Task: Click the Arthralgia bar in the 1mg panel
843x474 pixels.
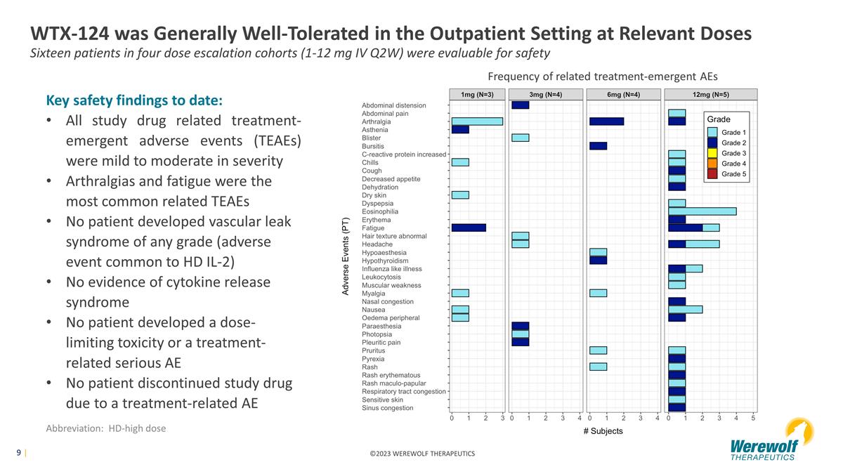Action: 477,121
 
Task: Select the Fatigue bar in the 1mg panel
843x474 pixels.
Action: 469,228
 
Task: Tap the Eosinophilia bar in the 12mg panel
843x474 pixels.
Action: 702,211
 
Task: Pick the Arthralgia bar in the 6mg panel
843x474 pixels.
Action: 607,121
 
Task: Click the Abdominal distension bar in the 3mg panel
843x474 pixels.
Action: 520,105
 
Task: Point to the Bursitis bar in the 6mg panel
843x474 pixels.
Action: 598,146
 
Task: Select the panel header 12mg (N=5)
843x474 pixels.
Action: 711,94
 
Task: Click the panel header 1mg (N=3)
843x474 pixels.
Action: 477,94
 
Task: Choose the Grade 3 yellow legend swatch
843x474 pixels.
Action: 712,153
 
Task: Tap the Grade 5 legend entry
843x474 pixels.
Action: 726,174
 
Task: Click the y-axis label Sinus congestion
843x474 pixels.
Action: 387,408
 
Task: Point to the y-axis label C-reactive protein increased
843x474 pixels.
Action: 404,154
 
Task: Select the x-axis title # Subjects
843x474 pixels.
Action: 603,431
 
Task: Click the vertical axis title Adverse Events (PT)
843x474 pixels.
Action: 345,256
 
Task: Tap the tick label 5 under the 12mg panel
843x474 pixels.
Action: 753,418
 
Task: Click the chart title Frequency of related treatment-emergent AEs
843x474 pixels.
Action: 603,77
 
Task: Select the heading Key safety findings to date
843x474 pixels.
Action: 134,100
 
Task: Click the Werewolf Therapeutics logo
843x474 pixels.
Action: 771,440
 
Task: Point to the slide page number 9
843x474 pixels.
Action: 18,452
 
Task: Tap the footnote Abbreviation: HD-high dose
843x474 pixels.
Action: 106,428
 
